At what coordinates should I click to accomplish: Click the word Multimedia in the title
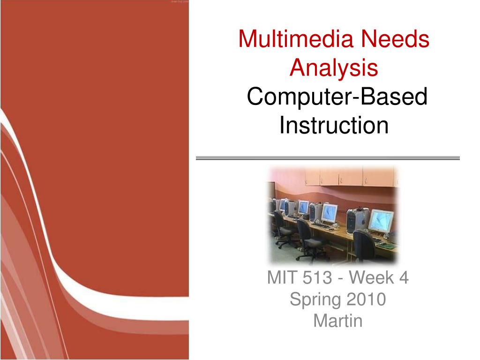[296, 39]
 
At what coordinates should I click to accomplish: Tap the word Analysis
[334, 67]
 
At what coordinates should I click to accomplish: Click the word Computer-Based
[337, 96]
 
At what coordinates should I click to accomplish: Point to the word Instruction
[334, 125]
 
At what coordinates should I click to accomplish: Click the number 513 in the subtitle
[317, 277]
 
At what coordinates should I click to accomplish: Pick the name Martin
[337, 321]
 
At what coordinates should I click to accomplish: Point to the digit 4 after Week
[404, 277]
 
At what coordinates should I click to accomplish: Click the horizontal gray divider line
[328, 158]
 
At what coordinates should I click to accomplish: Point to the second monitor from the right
[330, 213]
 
